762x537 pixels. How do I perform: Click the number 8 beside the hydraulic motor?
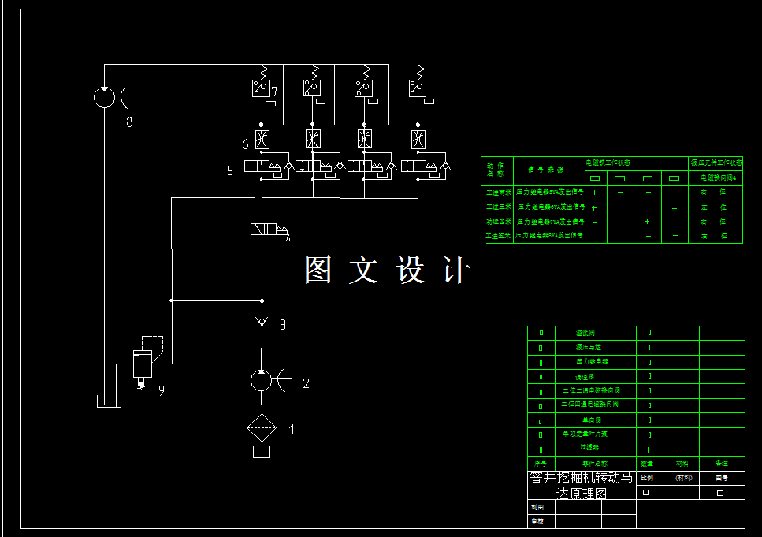129,121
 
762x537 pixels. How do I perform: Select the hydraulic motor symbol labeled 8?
104,97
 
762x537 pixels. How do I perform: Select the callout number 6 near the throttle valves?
245,144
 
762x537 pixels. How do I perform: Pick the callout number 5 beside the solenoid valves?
230,170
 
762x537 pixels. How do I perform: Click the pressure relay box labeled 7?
261,88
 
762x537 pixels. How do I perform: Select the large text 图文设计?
387,270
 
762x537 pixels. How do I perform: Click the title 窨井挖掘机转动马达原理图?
581,485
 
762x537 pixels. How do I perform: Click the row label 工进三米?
498,207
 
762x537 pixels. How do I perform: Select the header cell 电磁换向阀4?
716,177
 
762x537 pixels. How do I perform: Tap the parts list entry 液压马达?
588,347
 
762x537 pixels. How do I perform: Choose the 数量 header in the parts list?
647,463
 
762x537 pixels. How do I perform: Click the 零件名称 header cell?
594,463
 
